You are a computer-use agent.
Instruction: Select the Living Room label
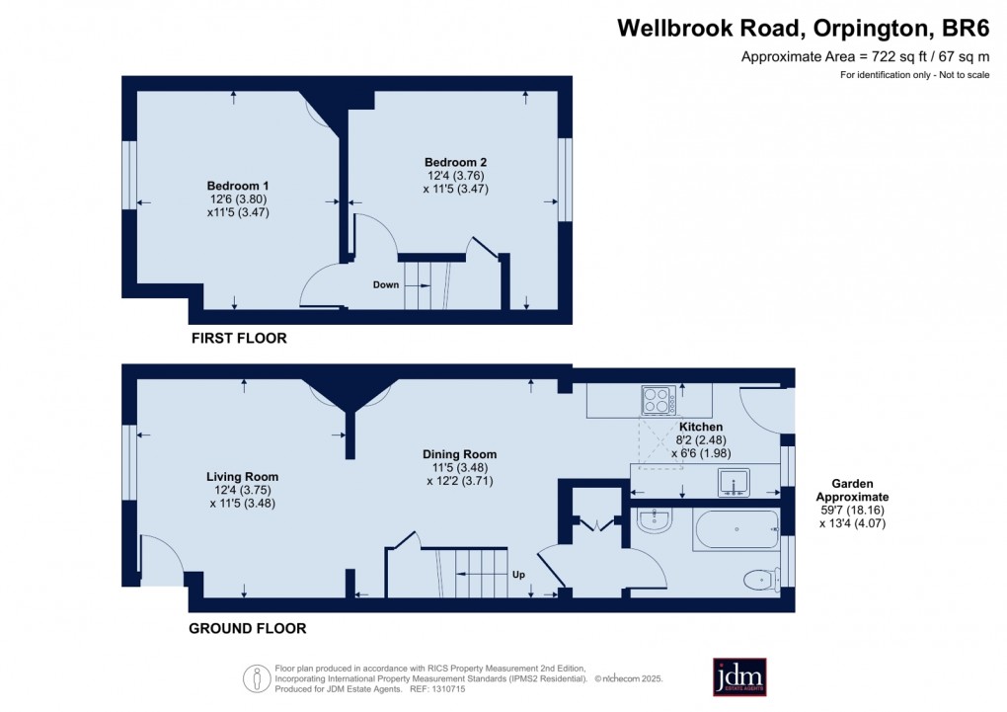[x=242, y=477]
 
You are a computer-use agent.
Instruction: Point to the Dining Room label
[x=459, y=454]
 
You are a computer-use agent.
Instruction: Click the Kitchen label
[x=701, y=427]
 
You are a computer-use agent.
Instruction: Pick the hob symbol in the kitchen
[x=658, y=400]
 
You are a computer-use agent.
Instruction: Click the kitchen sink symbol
[x=734, y=483]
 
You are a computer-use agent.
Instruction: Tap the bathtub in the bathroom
[x=736, y=529]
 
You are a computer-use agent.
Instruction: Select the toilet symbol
[x=762, y=581]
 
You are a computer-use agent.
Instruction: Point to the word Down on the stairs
[x=386, y=284]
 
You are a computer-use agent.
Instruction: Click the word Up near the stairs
[x=518, y=575]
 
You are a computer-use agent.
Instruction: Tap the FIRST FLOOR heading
[x=239, y=338]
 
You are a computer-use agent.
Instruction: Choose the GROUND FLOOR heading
[x=247, y=628]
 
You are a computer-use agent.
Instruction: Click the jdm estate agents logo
[x=739, y=677]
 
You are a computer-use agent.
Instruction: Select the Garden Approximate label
[x=852, y=491]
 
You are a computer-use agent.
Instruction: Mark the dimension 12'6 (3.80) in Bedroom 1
[x=238, y=199]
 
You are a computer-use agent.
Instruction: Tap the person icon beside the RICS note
[x=257, y=678]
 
